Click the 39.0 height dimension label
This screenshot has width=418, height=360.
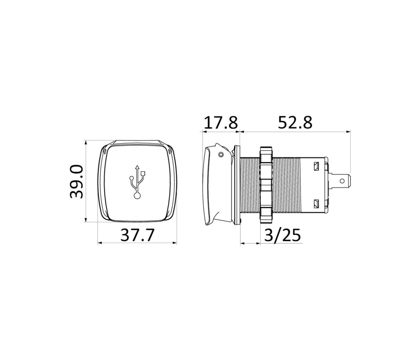pyautogui.click(x=76, y=181)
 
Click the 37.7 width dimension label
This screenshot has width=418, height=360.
pyautogui.click(x=138, y=235)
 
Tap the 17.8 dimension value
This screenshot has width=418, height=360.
pyautogui.click(x=221, y=123)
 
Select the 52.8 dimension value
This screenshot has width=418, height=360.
pyautogui.click(x=295, y=123)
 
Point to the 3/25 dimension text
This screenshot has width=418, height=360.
pyautogui.click(x=283, y=235)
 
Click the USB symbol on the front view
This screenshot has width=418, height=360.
pyautogui.click(x=137, y=182)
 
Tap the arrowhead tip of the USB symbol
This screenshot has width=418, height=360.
pyautogui.click(x=137, y=166)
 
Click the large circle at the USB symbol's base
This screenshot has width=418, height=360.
pyautogui.click(x=137, y=196)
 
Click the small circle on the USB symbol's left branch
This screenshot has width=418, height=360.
pyautogui.click(x=131, y=178)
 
